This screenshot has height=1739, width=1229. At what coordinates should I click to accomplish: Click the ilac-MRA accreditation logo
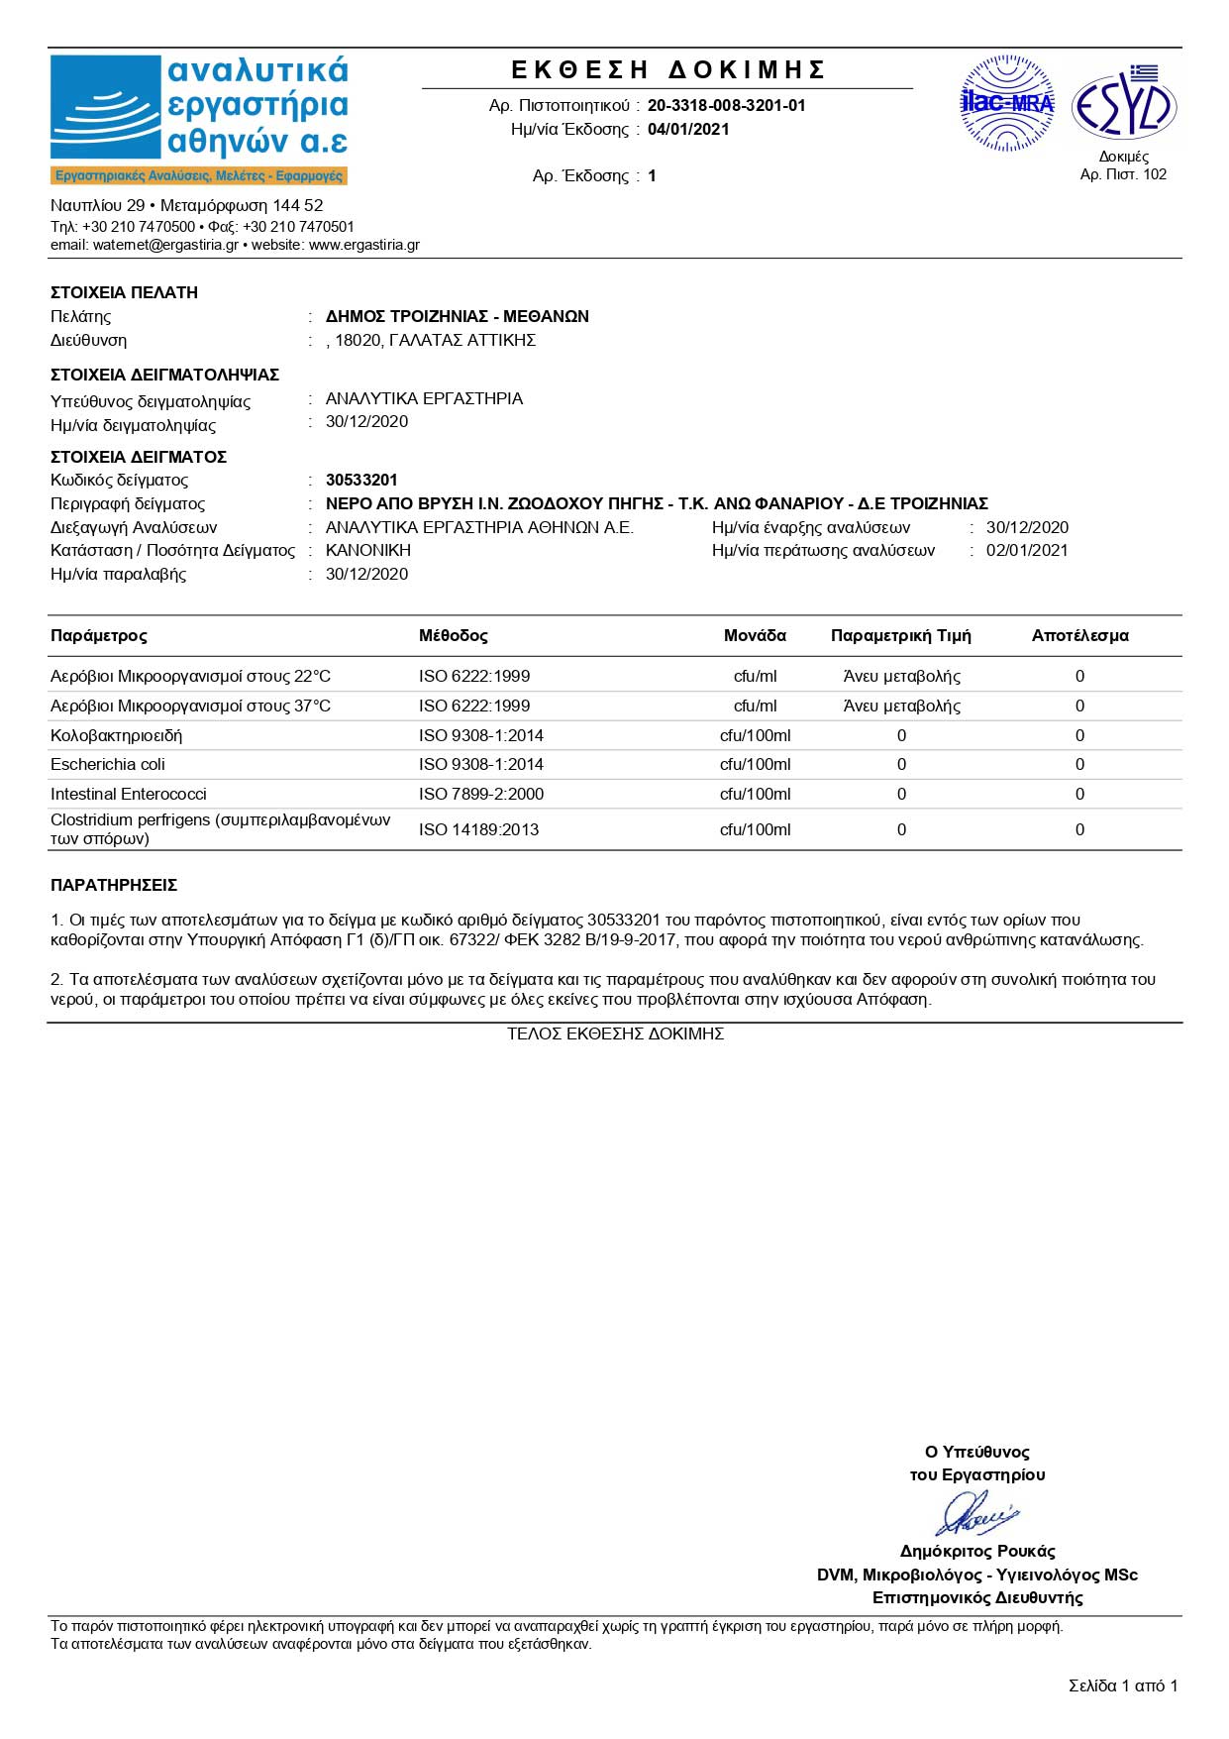tap(1007, 103)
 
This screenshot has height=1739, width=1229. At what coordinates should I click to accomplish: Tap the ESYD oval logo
tap(1124, 106)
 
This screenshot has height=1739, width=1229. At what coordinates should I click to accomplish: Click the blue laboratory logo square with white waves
tap(105, 107)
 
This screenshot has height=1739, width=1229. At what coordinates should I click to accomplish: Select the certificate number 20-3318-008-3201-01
tap(726, 105)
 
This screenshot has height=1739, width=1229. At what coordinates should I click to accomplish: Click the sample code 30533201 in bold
tap(361, 480)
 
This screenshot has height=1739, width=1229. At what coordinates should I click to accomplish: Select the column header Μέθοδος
tap(453, 636)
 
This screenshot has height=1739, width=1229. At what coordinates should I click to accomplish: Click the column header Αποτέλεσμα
tap(1079, 636)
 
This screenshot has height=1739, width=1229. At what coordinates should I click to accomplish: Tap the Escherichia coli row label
tap(108, 764)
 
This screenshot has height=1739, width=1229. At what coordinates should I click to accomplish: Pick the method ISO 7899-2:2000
tap(481, 794)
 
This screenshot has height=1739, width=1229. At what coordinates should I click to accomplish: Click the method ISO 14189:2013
tap(479, 829)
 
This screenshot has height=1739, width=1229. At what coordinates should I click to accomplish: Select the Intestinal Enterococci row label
tap(129, 794)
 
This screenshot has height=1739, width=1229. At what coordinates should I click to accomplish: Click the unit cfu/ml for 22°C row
tap(755, 676)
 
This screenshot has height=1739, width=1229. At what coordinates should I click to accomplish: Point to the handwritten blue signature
tap(976, 1514)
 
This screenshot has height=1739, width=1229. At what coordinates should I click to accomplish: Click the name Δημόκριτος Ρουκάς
tap(976, 1551)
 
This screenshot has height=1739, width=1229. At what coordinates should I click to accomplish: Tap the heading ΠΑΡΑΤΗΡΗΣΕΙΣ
tap(114, 885)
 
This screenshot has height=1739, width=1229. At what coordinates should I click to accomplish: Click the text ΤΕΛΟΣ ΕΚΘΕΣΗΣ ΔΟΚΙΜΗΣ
tap(615, 1033)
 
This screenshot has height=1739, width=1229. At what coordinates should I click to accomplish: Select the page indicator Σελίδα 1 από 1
tap(1123, 1685)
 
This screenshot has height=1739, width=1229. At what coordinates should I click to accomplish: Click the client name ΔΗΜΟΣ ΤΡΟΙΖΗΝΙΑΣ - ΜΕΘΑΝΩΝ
tap(458, 316)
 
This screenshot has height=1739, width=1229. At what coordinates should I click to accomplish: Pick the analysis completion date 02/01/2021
tap(1027, 550)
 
